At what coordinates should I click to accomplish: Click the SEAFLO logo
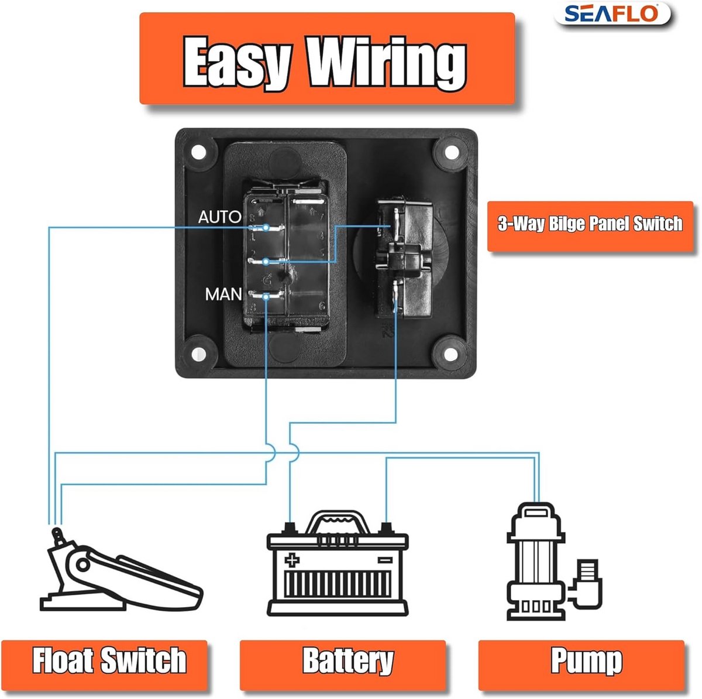(612, 13)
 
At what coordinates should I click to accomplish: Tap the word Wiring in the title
(387, 63)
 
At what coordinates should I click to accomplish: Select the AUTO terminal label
(220, 217)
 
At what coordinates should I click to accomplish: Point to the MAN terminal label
(223, 294)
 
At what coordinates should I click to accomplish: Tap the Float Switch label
(109, 660)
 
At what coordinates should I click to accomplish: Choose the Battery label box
(343, 660)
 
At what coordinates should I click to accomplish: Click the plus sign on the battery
(292, 560)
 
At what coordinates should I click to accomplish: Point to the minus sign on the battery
(385, 560)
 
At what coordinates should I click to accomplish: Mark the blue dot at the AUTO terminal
(266, 228)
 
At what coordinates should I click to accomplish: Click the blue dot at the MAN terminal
(266, 297)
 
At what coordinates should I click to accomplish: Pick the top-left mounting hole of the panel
(198, 152)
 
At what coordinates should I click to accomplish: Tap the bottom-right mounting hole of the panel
(451, 353)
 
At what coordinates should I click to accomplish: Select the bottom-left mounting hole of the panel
(198, 353)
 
